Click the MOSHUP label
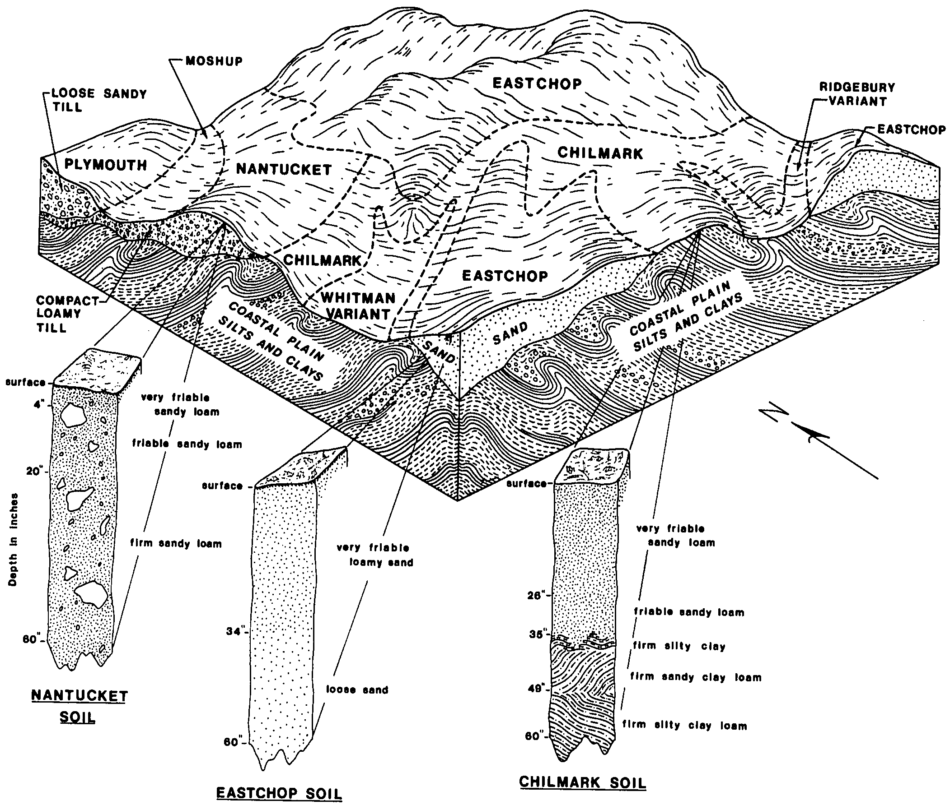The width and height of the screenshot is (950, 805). pos(214,61)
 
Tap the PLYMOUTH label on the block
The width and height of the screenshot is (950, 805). pos(106,165)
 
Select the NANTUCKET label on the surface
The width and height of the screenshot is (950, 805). pos(283,170)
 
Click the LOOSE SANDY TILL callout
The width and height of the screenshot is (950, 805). pos(98,100)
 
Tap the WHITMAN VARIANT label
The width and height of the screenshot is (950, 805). pos(358,306)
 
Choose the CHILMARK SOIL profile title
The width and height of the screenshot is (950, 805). pos(583,782)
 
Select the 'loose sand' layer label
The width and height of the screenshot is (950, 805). pos(357,690)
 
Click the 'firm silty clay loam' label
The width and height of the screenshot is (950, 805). pos(685,725)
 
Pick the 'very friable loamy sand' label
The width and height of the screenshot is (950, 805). pos(374,555)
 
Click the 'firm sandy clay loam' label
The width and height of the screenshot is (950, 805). pos(696,677)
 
